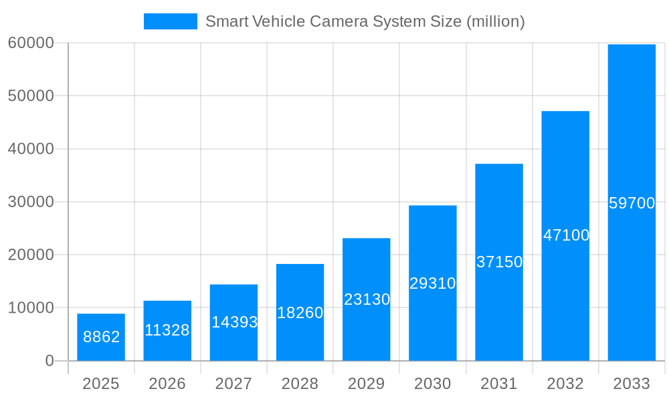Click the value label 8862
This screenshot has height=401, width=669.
101,337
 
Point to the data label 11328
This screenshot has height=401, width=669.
167,330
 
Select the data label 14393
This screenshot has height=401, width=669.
234,322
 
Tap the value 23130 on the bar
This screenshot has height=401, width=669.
367,299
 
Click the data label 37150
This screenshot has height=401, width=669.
499,262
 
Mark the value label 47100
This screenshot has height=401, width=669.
566,235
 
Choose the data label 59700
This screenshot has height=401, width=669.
632,203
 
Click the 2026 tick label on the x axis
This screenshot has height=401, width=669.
167,384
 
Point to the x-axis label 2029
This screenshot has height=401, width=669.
367,384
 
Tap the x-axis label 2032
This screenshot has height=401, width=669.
565,384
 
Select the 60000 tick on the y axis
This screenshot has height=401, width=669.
31,43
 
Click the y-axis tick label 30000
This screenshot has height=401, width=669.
31,202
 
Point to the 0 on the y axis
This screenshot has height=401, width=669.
50,361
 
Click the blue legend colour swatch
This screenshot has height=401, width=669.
171,21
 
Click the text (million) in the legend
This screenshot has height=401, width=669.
495,21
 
